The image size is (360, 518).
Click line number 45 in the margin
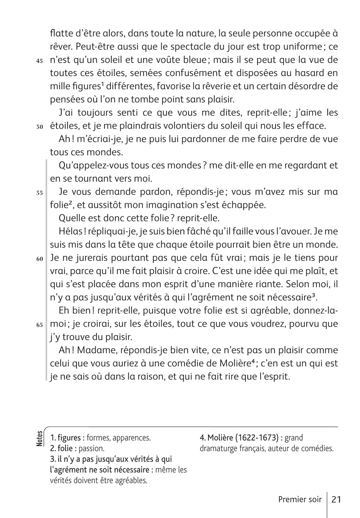pos(39,61)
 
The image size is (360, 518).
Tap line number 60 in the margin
pos(39,259)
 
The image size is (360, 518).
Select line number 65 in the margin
pos(39,325)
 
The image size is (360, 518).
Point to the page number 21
pos(336,499)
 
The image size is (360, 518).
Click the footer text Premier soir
pos(300,499)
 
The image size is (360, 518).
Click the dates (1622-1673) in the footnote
pos(257,438)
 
